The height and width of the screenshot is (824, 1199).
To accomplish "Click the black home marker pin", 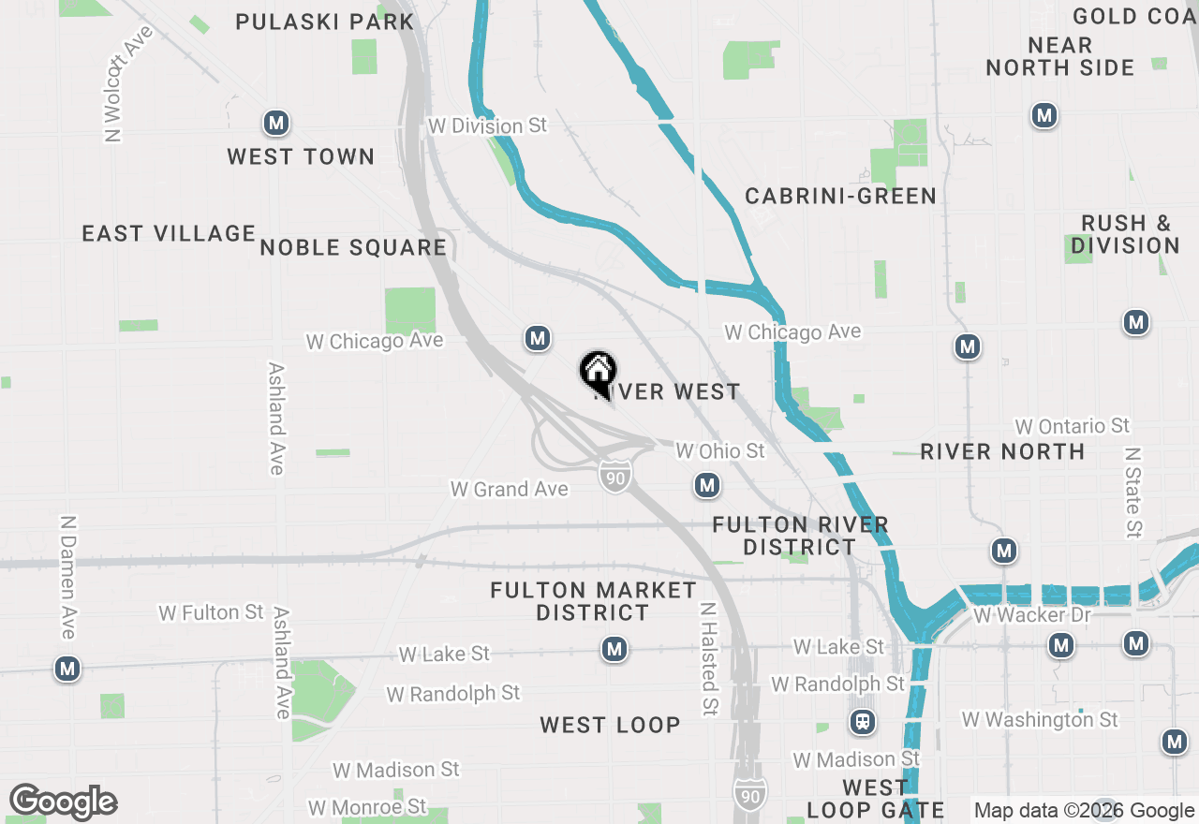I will [598, 372].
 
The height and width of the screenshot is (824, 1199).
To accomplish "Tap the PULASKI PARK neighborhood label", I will [324, 21].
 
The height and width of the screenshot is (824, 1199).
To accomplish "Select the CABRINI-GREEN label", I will [840, 196].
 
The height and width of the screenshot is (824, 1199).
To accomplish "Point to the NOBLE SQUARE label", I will [353, 247].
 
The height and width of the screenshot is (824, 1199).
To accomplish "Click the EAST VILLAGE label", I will [169, 233].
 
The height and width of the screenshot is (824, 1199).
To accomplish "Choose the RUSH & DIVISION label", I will [1125, 234].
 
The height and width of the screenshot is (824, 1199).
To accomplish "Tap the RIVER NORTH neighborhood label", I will [1002, 451].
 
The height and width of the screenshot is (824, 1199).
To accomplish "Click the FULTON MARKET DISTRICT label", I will [593, 601].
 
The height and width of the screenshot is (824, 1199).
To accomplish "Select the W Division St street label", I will [487, 125].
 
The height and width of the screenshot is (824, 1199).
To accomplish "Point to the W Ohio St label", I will [720, 451].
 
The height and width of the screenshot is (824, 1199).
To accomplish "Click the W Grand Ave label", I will [509, 489].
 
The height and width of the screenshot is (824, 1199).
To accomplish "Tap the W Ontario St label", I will [1072, 426].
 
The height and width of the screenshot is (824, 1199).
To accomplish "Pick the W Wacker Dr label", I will [1032, 615].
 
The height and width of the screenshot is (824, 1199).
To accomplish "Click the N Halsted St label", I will [709, 659].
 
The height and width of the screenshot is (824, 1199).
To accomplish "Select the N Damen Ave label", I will [67, 577].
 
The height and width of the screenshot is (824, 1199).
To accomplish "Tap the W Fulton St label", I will [211, 612].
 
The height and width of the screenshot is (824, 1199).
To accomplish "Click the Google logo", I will [63, 802].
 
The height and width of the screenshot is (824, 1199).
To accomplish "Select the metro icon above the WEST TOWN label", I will [275, 123].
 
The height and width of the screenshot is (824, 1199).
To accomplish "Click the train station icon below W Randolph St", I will [863, 722].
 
